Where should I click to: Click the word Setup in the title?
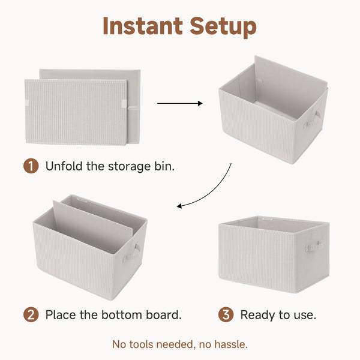223,27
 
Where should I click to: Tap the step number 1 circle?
31,166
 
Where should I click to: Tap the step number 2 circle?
31,314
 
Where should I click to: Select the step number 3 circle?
226,314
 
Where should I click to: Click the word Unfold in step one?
64,166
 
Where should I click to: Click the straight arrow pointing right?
179,103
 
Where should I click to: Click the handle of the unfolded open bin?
312,118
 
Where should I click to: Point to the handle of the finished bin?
313,246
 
